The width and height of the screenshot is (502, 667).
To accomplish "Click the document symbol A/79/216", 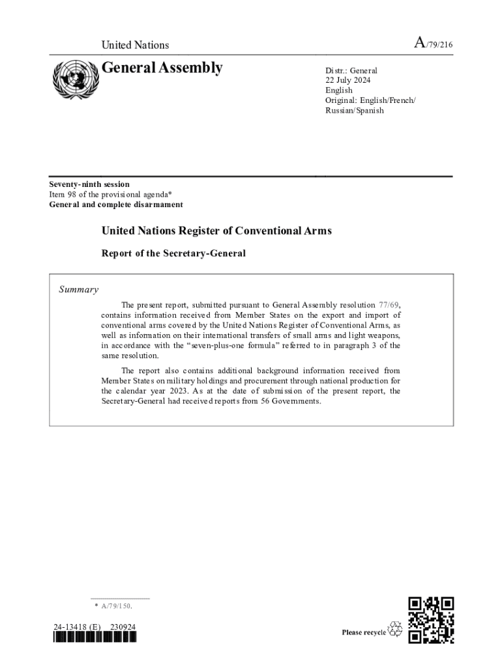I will (434, 44).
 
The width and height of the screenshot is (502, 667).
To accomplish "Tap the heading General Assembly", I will (162, 68).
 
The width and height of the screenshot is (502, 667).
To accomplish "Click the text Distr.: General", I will (351, 70).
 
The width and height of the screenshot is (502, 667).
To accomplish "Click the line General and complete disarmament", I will (116, 205).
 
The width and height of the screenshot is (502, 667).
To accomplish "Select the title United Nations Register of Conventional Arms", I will (216, 231).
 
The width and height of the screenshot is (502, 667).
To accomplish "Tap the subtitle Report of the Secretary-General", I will (173, 253).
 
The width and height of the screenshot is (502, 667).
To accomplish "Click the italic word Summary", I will (79, 290).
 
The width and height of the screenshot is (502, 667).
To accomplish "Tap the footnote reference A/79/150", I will (117, 606).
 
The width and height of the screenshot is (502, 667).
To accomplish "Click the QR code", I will (431, 619).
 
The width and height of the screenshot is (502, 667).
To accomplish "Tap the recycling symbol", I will (395, 630).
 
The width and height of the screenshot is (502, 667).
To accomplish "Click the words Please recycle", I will (363, 632).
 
